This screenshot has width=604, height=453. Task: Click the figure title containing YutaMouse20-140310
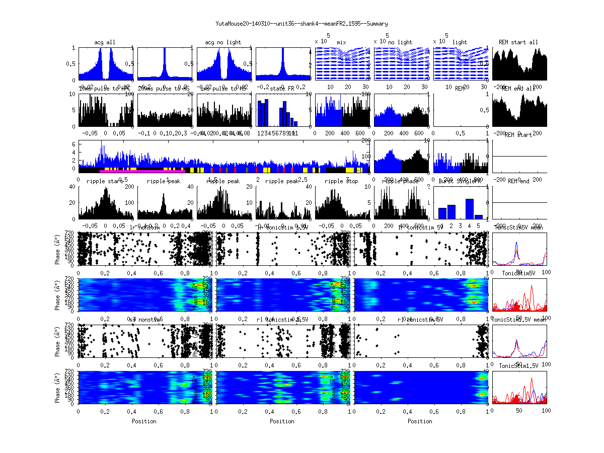pyautogui.click(x=301, y=24)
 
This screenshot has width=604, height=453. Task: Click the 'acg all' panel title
pyautogui.click(x=105, y=42)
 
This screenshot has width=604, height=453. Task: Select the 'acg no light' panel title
pyautogui.click(x=223, y=42)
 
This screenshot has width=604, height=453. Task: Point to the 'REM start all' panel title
pyautogui.click(x=518, y=42)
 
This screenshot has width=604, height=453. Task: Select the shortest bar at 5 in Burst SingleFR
pyautogui.click(x=478, y=217)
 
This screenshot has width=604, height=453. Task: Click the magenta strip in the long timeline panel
pyautogui.click(x=146, y=172)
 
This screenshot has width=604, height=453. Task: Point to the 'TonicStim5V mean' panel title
pyautogui.click(x=519, y=228)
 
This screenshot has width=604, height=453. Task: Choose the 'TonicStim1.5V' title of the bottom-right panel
pyautogui.click(x=518, y=365)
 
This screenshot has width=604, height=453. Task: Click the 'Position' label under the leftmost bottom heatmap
pyautogui.click(x=144, y=421)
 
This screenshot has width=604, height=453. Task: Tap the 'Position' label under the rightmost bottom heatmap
pyautogui.click(x=420, y=421)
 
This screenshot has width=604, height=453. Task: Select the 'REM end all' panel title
pyautogui.click(x=518, y=88)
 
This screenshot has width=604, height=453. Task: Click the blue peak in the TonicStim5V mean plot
pyautogui.click(x=516, y=245)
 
